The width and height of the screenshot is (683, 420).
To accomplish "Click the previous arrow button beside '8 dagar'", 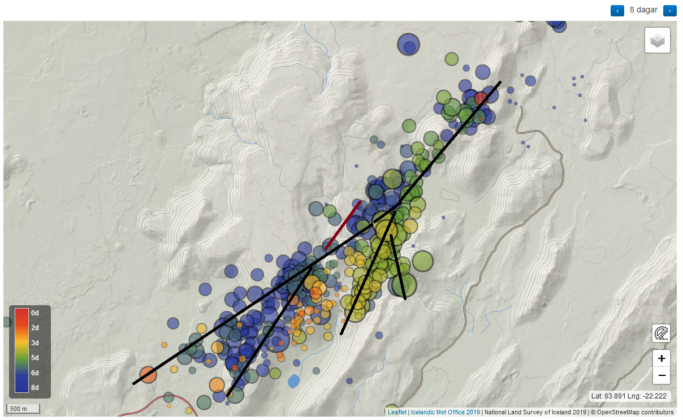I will [x=617, y=11].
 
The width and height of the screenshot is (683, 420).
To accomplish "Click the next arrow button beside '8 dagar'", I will [x=669, y=11].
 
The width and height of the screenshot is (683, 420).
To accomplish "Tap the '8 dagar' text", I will [x=643, y=10].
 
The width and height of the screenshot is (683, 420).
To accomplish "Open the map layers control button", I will [x=657, y=41].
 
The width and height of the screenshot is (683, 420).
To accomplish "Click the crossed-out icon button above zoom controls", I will [x=661, y=334].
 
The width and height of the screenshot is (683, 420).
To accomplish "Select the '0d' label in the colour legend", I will [x=35, y=313].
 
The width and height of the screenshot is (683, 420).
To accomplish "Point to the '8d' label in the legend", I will [x=35, y=388].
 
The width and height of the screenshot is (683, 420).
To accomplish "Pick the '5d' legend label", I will [x=35, y=358].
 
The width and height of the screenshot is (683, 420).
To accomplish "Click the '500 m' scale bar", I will [x=23, y=409].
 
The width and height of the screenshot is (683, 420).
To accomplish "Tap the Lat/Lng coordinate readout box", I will [x=630, y=396].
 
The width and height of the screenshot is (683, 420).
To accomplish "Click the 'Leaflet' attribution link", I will [x=396, y=413].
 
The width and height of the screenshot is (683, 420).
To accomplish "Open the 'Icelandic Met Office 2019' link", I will [x=445, y=413].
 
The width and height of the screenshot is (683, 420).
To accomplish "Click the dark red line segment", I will [x=343, y=225].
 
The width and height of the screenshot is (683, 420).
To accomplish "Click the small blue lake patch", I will [x=293, y=381].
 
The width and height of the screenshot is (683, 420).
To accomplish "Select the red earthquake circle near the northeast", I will [x=481, y=98].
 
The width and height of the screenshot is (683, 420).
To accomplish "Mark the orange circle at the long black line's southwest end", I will [x=148, y=375].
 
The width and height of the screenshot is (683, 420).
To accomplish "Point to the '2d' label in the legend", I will [x=35, y=328].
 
